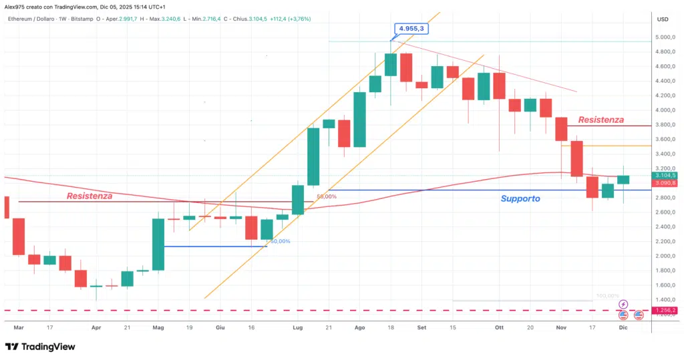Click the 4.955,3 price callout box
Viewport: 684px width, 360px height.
click(412, 29)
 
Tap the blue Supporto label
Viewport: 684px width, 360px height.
click(520, 198)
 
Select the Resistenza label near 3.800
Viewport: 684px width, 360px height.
click(601, 120)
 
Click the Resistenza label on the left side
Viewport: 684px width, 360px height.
click(89, 196)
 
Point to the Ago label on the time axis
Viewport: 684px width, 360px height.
click(360, 328)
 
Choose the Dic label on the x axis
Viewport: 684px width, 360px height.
click(623, 328)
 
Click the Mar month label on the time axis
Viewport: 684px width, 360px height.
click(19, 328)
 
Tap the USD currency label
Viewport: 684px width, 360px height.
click(663, 19)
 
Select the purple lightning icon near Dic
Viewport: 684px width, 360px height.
click(623, 304)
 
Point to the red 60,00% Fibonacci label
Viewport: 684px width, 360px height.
click(327, 196)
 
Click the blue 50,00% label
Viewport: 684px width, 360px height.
click(279, 241)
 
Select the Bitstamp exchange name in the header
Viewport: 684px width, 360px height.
click(90, 19)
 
